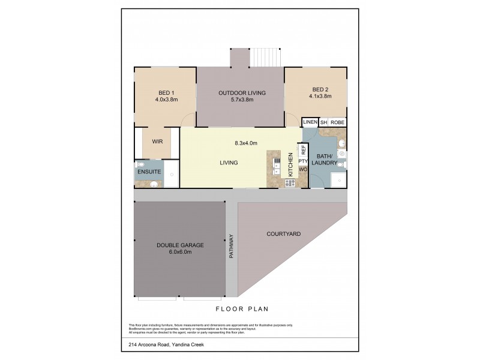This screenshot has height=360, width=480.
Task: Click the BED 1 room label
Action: pos(164,92)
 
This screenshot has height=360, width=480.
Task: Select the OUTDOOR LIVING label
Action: pos(242,92)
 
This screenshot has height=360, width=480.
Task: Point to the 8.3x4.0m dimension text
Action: pos(245,143)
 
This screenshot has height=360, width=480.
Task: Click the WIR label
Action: pos(157,142)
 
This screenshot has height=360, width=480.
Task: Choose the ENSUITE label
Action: pos(148,172)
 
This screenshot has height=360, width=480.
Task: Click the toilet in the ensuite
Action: pos(140,164)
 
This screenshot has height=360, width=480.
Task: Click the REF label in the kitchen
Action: pos(303,149)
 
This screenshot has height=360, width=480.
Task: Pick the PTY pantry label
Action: pos(303,161)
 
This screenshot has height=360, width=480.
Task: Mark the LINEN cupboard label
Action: pos(310,122)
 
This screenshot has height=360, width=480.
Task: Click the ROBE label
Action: pos(337,122)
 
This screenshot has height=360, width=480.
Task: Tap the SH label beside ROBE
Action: pos(323,122)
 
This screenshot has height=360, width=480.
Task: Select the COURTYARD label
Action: pos(283,233)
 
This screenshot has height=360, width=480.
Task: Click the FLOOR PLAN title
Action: pos(242,309)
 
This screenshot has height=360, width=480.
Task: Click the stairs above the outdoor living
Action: pos(265,58)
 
